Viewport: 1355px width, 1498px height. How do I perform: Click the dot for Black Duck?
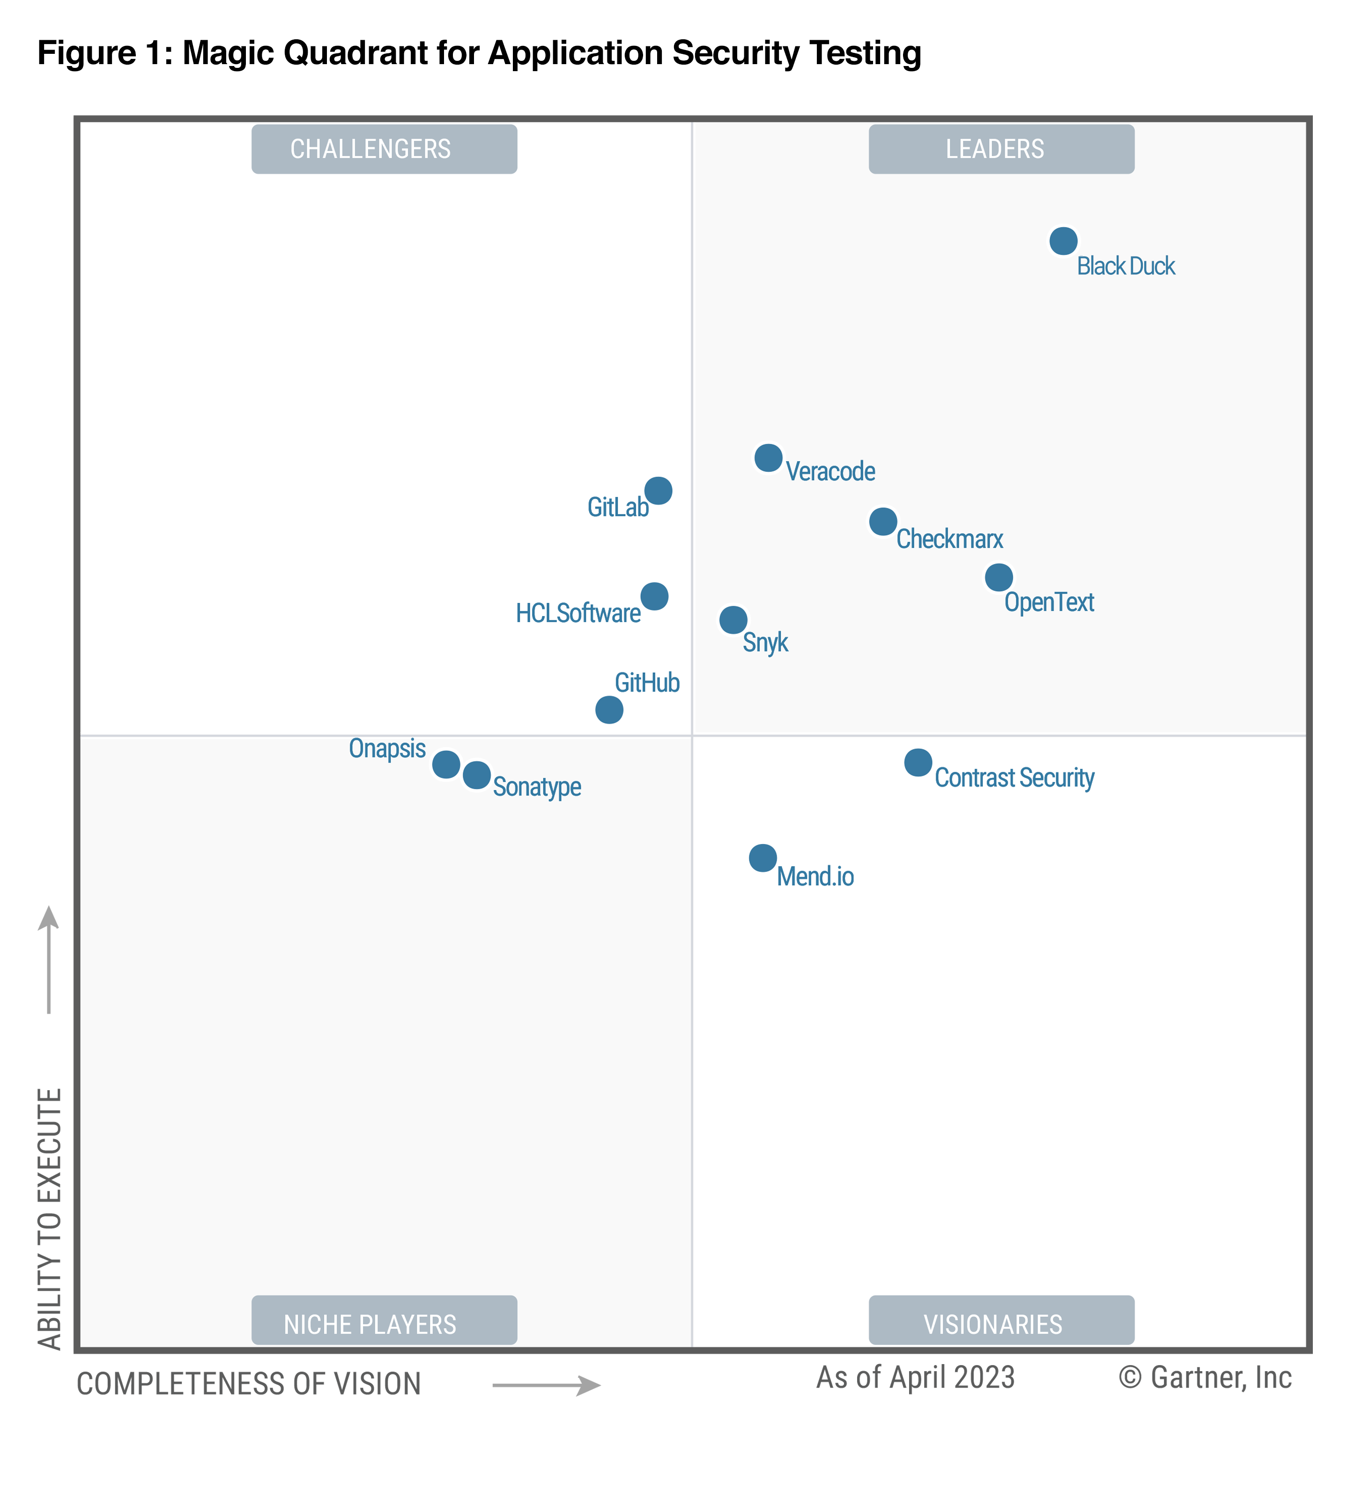(x=1063, y=241)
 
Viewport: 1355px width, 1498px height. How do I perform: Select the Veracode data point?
(x=768, y=458)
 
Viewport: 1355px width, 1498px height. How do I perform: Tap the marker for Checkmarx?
(x=882, y=521)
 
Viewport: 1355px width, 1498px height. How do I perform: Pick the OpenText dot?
(x=998, y=577)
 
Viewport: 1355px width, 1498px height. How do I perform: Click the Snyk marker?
(x=733, y=620)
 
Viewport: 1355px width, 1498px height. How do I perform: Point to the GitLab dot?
(x=658, y=491)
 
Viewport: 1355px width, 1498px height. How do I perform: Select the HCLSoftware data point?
(x=654, y=596)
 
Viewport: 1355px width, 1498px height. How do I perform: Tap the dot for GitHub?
(x=609, y=710)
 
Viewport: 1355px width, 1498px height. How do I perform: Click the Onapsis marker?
(x=446, y=764)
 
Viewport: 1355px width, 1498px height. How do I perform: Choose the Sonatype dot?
(x=476, y=775)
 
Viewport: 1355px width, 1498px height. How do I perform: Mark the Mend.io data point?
(x=763, y=858)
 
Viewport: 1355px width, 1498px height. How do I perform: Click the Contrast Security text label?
(x=1014, y=778)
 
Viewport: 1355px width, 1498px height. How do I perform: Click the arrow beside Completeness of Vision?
(x=546, y=1385)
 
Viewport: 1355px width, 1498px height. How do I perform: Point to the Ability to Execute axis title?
(x=50, y=1219)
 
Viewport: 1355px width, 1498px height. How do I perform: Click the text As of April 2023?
(x=915, y=1378)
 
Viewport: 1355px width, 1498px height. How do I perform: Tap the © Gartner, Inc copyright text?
(x=1205, y=1378)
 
